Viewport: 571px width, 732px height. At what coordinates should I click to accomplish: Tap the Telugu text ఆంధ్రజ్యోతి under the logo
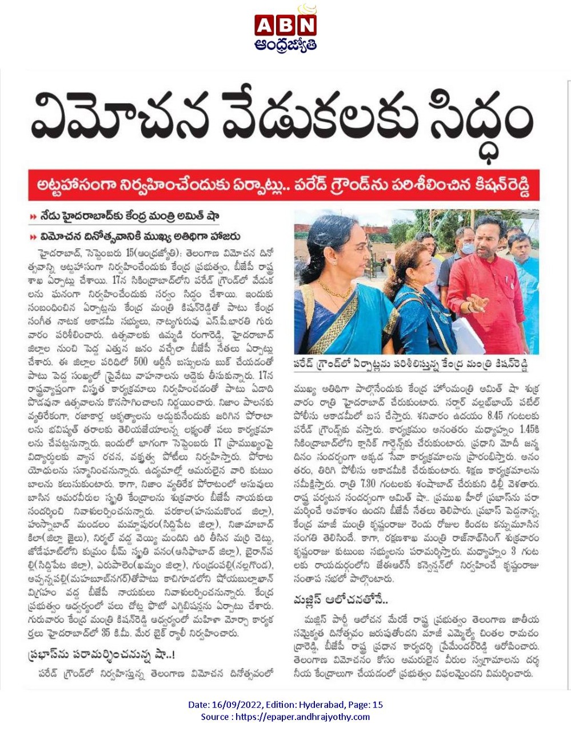tap(286, 45)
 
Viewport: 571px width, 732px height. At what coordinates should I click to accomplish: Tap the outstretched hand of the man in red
tap(470, 302)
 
